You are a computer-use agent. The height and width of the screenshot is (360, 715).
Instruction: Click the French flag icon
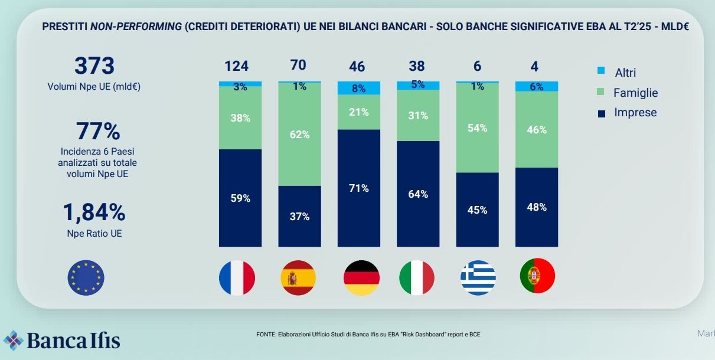click(x=237, y=278)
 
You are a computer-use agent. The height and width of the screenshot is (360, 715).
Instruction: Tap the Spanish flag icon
click(x=298, y=278)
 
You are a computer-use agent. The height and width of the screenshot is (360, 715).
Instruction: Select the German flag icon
click(x=361, y=278)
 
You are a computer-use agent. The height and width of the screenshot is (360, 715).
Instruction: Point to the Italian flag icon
click(x=417, y=278)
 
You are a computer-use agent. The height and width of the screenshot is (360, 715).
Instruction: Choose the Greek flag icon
click(x=478, y=278)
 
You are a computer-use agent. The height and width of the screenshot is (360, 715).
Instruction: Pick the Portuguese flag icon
click(x=537, y=276)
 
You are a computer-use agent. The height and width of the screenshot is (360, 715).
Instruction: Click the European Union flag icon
click(x=86, y=278)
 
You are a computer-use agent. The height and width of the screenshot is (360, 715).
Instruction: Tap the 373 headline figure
click(x=94, y=66)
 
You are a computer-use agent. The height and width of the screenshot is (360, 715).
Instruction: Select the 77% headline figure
click(x=98, y=132)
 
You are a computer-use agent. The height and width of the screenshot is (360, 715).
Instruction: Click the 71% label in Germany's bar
click(x=359, y=188)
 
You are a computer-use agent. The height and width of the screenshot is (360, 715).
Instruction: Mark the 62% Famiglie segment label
click(x=299, y=134)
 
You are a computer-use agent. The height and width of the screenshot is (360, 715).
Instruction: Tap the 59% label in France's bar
click(x=240, y=198)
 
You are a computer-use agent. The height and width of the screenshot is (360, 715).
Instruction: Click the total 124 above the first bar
click(x=237, y=66)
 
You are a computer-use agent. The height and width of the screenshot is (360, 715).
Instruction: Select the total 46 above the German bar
click(x=357, y=66)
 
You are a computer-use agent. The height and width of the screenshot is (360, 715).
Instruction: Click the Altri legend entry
click(x=625, y=73)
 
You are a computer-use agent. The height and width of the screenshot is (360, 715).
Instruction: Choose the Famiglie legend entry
click(x=635, y=93)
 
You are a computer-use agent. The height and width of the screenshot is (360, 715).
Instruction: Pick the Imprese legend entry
click(x=635, y=113)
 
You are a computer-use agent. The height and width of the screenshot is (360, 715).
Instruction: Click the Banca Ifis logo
click(x=62, y=341)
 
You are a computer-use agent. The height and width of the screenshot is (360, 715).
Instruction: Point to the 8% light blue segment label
click(x=359, y=89)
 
